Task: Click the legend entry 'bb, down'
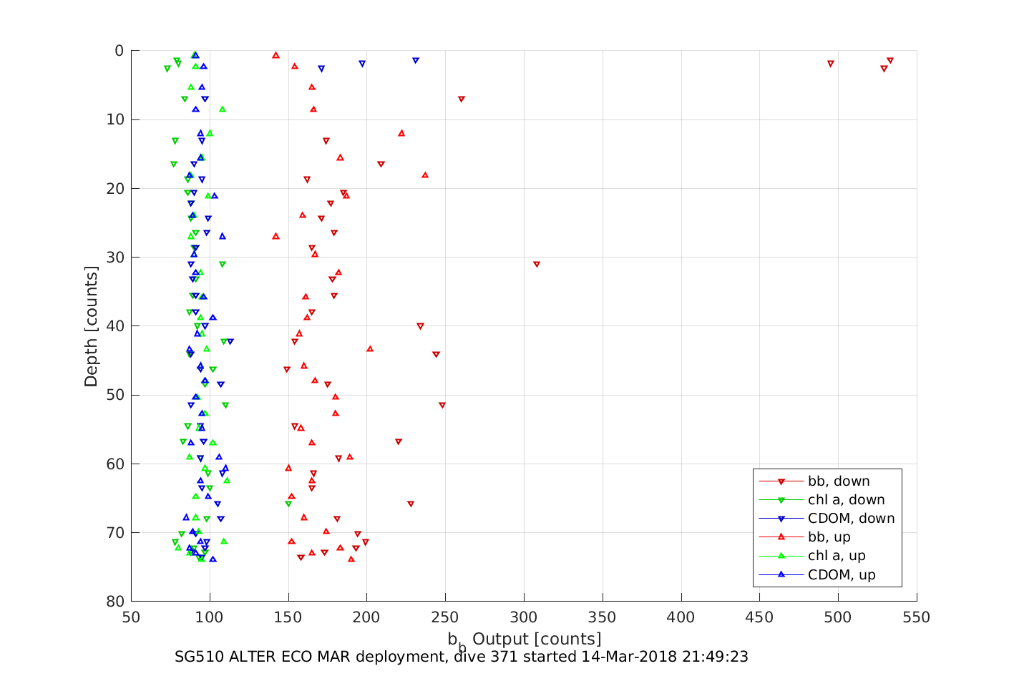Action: (839, 481)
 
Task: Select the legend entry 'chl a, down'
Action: (846, 500)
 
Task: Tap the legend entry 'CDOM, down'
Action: (851, 519)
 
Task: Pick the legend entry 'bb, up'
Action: (829, 537)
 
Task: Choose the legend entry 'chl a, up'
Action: (837, 556)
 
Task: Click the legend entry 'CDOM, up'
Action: (842, 574)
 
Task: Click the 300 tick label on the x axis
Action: (524, 617)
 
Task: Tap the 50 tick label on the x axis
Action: (131, 617)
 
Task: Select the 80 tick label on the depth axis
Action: (114, 602)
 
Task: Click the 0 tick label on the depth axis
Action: (120, 51)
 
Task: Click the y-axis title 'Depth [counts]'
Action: (91, 326)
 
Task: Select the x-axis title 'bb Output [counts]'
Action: (524, 640)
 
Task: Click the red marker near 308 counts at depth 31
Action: (537, 265)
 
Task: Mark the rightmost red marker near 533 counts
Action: (890, 61)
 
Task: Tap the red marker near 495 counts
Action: (831, 64)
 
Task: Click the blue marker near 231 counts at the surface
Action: (416, 61)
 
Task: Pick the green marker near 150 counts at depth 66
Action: (288, 504)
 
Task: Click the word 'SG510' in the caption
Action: (199, 657)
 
